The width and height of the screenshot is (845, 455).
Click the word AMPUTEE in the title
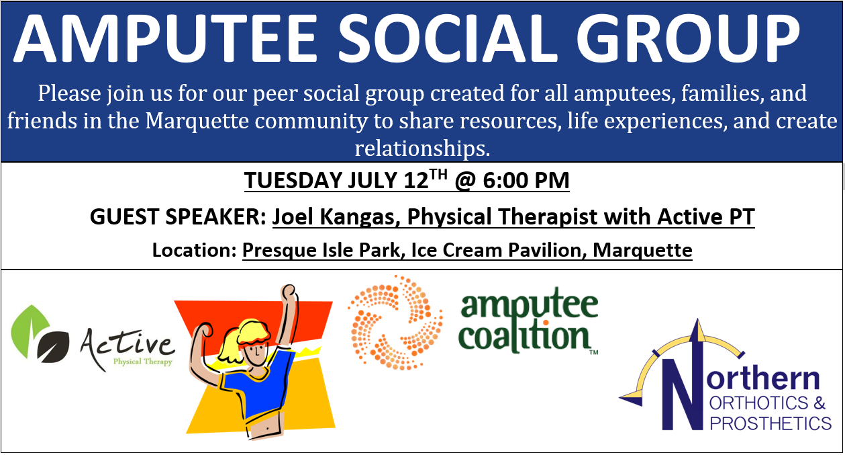point(165,38)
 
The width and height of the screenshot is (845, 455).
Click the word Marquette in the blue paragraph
point(197,121)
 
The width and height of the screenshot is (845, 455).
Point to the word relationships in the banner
point(422,148)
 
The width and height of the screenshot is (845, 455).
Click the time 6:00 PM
point(526,180)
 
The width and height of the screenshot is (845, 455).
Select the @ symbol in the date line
point(466,181)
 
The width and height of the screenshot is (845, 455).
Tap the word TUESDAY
point(293,180)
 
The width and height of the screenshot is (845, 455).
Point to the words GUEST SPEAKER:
point(178,216)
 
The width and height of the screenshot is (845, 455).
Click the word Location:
point(194,250)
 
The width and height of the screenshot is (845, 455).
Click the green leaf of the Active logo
point(29,331)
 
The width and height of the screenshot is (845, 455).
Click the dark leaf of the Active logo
point(53,347)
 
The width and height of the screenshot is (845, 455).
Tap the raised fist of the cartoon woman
point(288,292)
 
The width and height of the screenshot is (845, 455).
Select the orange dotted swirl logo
point(395,323)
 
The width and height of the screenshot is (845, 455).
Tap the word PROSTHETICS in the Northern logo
point(771,423)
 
